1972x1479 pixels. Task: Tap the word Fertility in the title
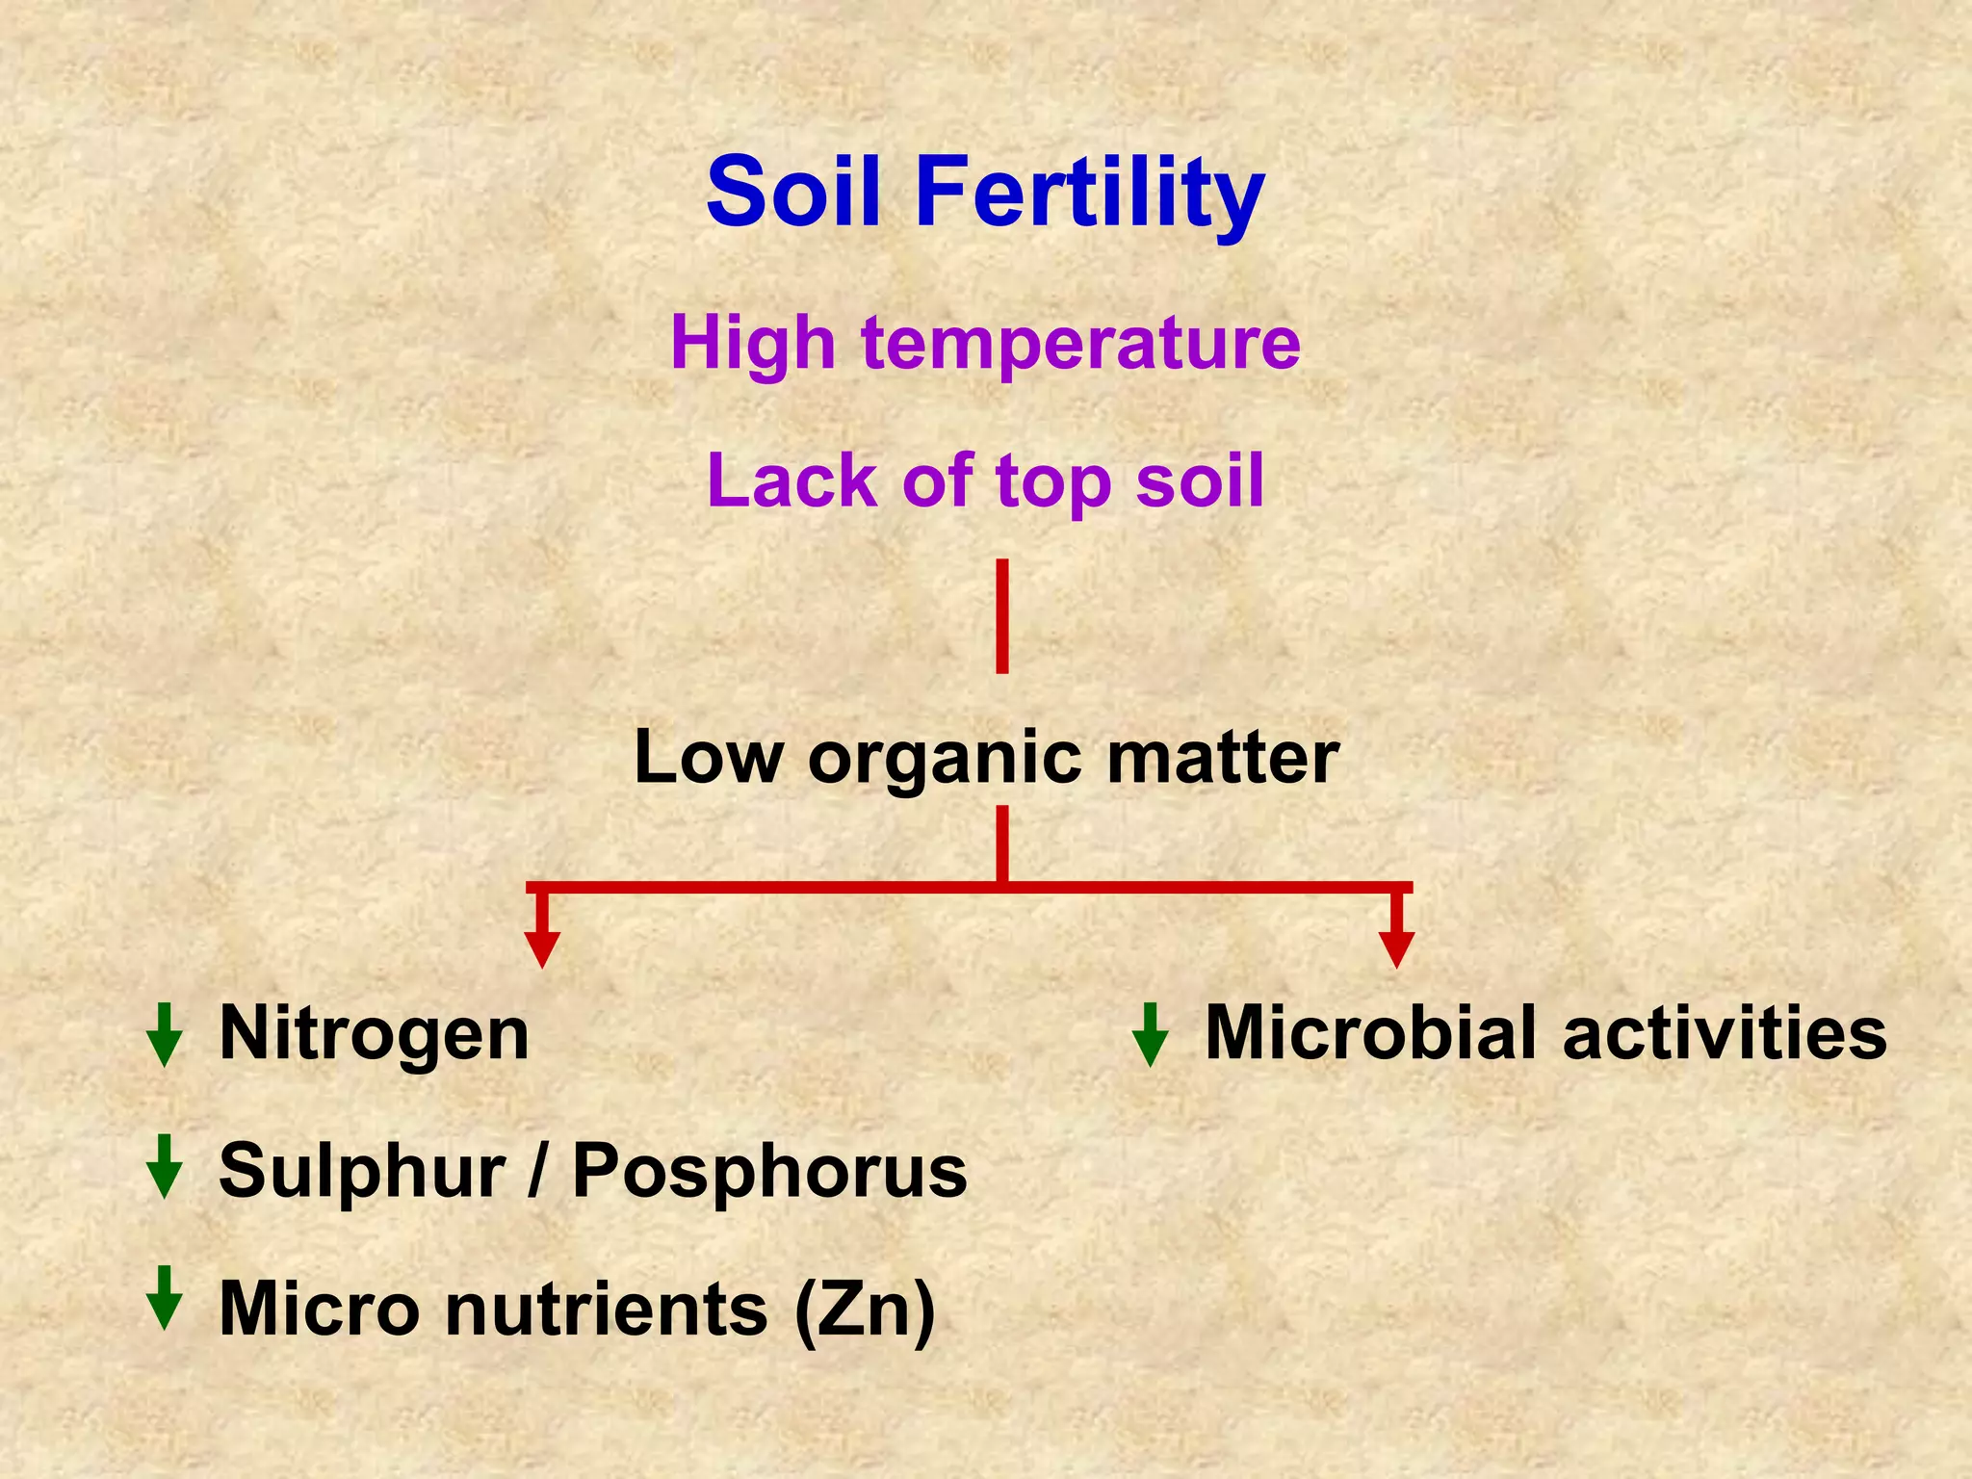[1089, 194]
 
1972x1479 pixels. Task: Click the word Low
[709, 758]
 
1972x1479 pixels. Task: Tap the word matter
[1223, 758]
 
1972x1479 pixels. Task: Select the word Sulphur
[362, 1173]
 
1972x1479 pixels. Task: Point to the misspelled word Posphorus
[769, 1173]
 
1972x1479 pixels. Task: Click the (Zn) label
[864, 1310]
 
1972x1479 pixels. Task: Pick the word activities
[1725, 1033]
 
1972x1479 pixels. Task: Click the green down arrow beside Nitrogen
[165, 1035]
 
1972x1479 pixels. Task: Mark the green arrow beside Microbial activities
[1150, 1035]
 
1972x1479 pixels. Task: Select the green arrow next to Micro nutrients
[165, 1298]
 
